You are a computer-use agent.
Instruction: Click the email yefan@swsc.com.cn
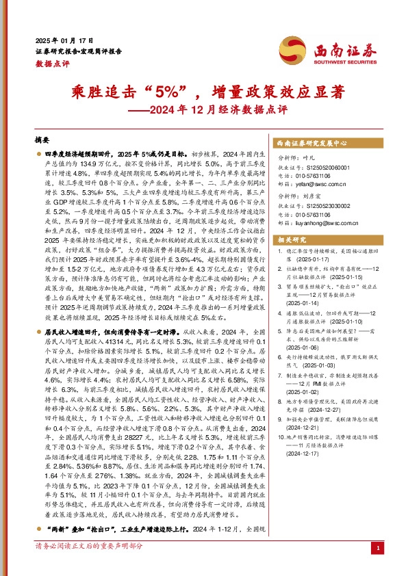click(x=322, y=183)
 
